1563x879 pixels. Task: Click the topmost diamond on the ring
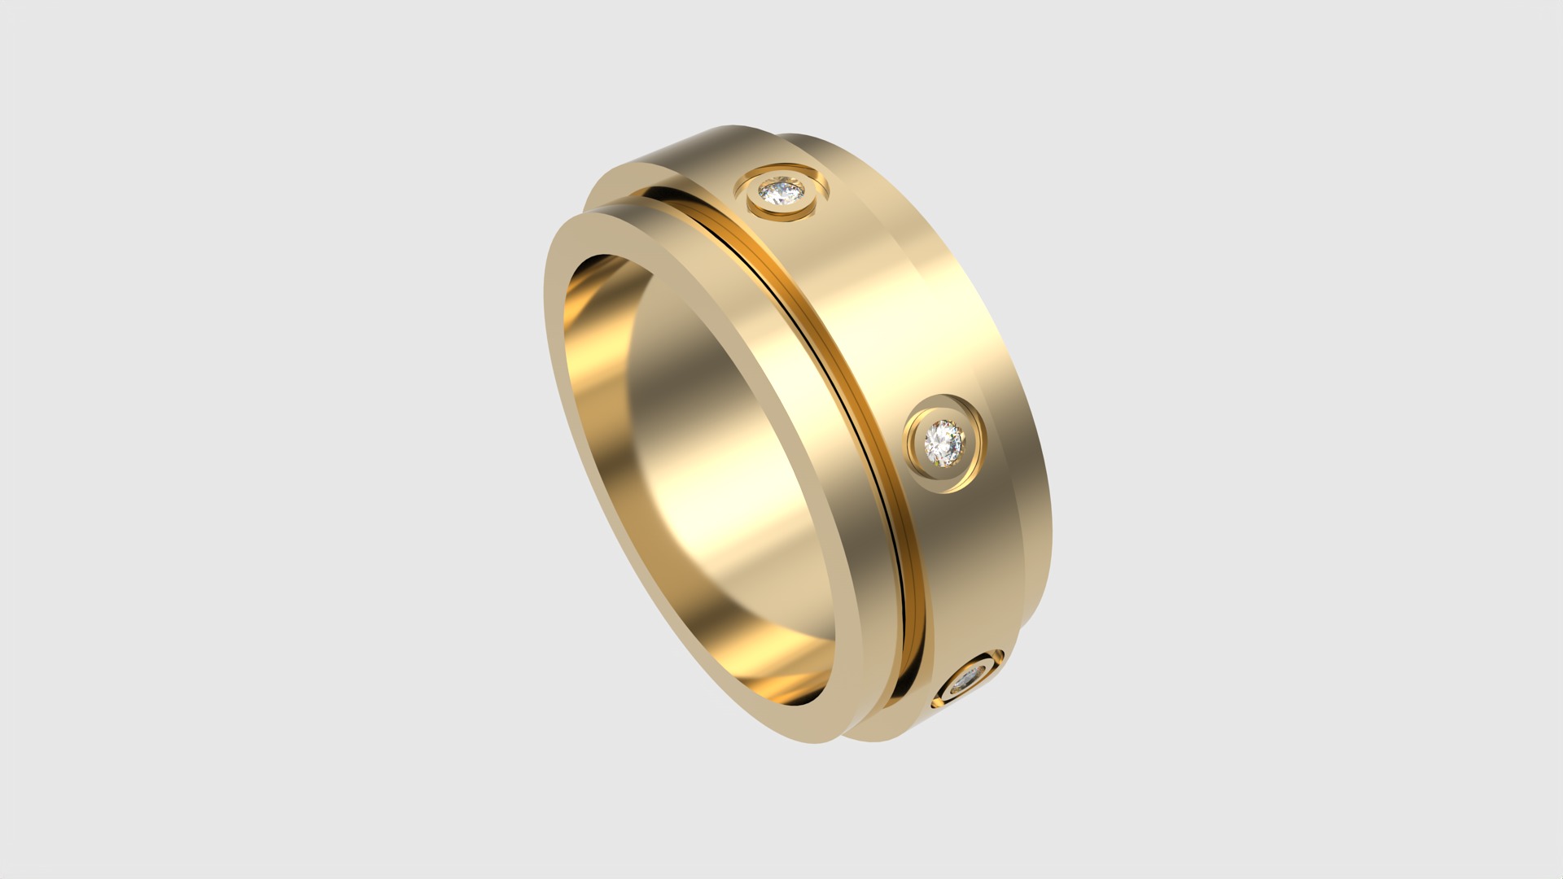tap(780, 193)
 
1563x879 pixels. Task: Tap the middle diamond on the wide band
tap(943, 442)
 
